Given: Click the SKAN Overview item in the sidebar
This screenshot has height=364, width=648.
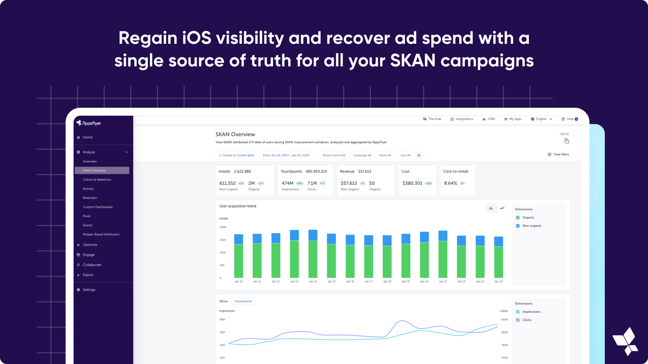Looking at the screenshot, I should point(102,171).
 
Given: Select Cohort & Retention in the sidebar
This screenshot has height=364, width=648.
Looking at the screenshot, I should point(97,180).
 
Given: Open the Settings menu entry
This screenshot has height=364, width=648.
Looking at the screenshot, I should point(89,290).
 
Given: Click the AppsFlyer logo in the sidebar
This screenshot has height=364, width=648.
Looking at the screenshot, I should point(89,123).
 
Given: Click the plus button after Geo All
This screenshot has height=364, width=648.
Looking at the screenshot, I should point(419,155).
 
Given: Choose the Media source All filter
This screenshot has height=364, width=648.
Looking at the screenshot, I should point(334,155).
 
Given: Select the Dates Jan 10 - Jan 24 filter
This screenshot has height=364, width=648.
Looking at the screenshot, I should point(286,155).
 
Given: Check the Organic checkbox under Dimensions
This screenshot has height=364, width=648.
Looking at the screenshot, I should point(518,218).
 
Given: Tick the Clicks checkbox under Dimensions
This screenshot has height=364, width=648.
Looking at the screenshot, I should point(518,320).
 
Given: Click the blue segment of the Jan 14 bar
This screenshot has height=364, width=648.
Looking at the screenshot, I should point(313,235).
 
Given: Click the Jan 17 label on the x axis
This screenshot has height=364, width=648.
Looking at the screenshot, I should point(369,281).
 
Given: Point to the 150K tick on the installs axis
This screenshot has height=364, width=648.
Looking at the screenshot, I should point(223,240).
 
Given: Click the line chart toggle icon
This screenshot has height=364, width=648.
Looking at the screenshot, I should point(502,208).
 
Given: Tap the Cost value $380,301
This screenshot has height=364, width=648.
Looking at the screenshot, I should point(412,183).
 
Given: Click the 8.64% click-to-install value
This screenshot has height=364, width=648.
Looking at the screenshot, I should point(451,183).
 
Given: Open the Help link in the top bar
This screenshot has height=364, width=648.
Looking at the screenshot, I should point(570,119).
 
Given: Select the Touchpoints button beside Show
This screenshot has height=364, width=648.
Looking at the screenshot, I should point(243,301).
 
